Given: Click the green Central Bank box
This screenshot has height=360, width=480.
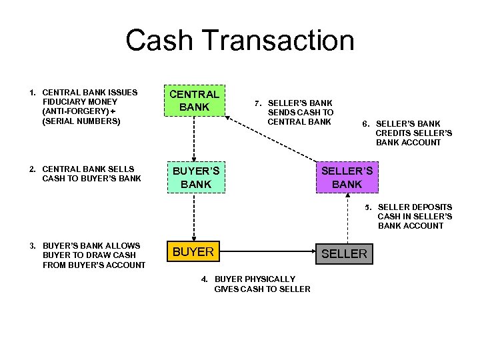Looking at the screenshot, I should (194, 100).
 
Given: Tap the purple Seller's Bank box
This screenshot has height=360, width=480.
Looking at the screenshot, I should (347, 177).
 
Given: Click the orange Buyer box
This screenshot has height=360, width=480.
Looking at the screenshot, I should (193, 252).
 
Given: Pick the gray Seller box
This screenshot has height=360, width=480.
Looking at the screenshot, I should (345, 253).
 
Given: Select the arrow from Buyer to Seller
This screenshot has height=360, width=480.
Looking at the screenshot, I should (267, 253).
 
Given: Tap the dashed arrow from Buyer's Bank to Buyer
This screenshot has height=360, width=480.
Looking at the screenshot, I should (194, 217).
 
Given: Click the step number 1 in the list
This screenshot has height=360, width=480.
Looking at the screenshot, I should (32, 92).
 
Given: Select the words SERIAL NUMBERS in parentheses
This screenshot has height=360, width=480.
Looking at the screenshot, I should (81, 121).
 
